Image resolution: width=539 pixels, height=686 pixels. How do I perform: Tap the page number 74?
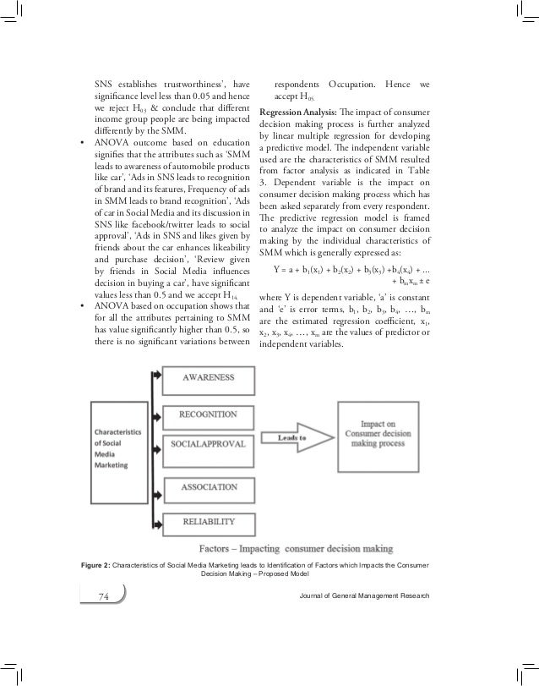(x=105, y=597)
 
